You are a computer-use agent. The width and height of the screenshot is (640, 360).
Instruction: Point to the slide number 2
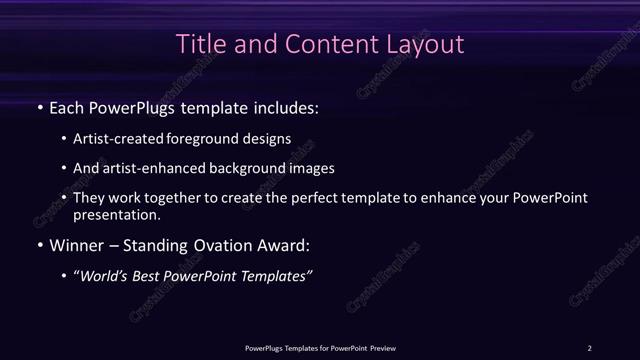pos(590,347)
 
